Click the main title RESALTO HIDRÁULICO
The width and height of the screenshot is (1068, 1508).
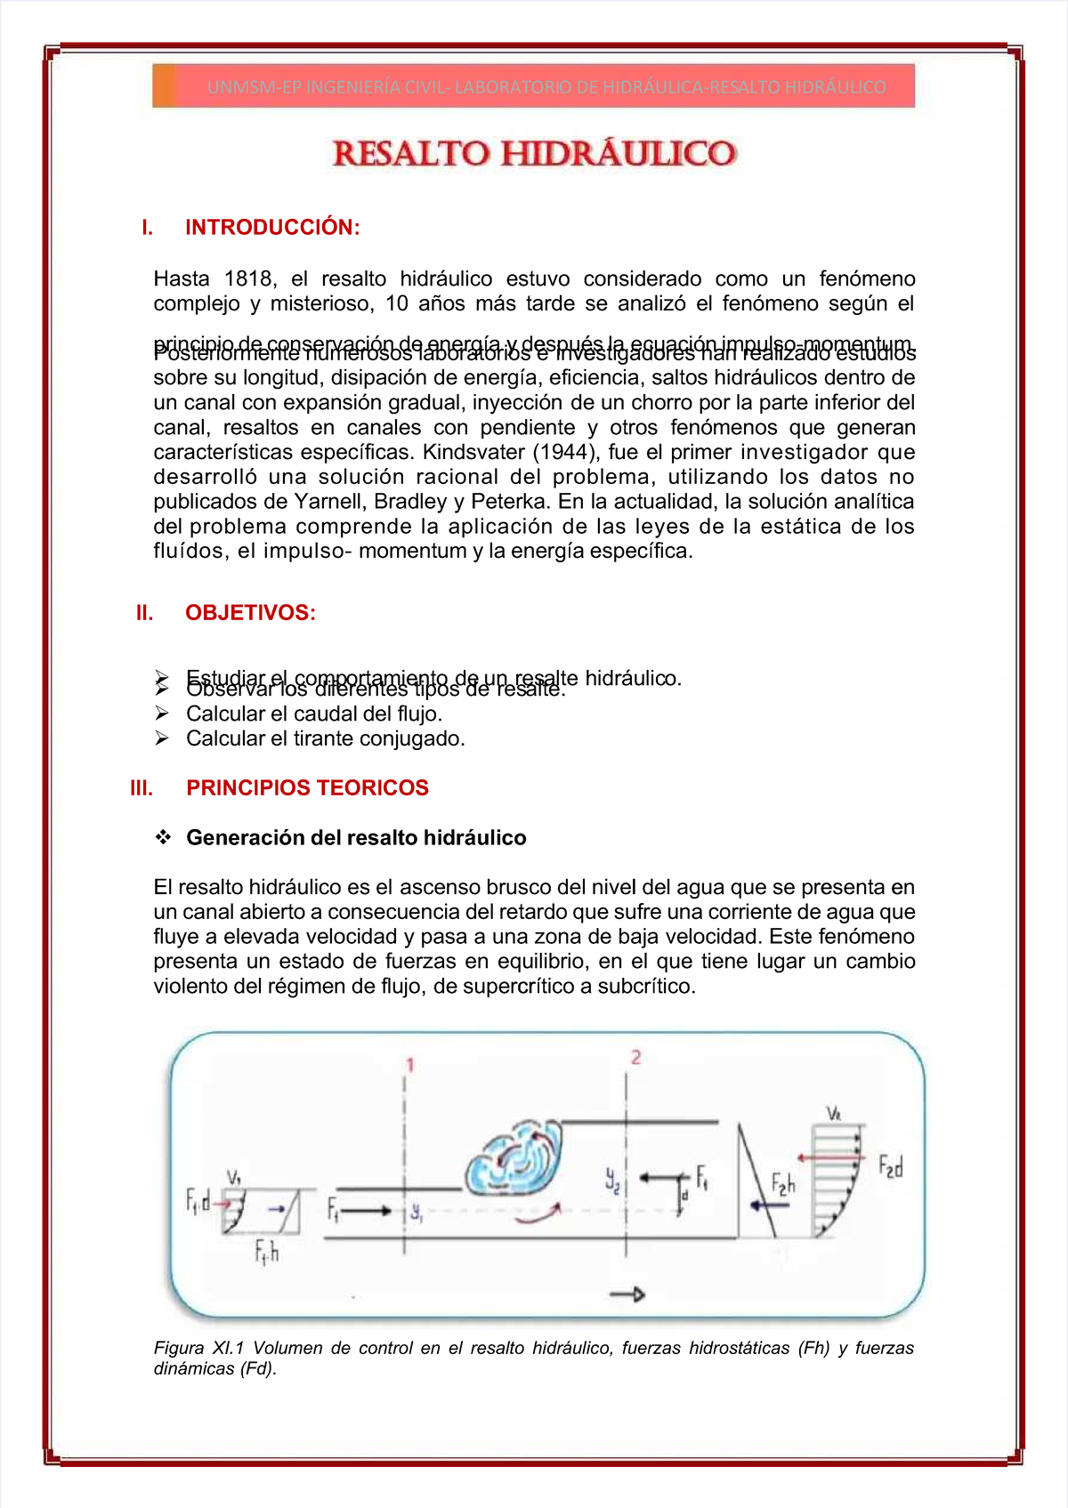coord(534,154)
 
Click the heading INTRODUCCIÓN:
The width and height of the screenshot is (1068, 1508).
coord(272,228)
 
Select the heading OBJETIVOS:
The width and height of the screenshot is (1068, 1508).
coord(250,613)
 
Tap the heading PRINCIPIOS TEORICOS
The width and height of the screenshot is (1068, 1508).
coord(307,788)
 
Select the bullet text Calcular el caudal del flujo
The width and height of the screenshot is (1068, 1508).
coord(314,714)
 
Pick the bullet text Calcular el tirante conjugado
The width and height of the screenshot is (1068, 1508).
coord(326,739)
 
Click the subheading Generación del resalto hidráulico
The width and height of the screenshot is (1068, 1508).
coord(356,838)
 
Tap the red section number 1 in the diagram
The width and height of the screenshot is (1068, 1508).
coord(410,1065)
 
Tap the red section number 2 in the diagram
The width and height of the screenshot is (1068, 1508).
coord(635,1057)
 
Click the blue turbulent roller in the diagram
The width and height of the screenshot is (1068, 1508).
coord(514,1159)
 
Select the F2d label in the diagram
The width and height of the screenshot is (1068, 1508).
coord(890,1166)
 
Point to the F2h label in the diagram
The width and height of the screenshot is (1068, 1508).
coord(783,1183)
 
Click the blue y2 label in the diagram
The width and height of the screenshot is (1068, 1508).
coord(612,1180)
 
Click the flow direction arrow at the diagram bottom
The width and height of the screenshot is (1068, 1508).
coord(627,1294)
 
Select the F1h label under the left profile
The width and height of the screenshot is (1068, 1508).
coord(267,1253)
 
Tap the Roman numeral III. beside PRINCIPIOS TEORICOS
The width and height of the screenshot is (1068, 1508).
coord(142,788)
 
